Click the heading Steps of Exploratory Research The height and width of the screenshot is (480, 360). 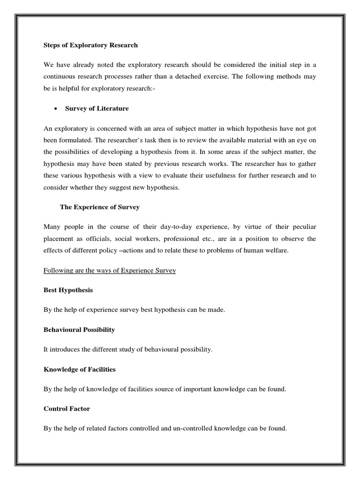(90, 45)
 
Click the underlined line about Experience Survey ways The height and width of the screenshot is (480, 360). (110, 271)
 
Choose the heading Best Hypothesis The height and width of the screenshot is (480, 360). (68, 290)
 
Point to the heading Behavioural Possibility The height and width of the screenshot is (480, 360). (79, 330)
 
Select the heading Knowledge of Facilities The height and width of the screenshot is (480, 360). (79, 369)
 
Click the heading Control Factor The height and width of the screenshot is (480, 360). (67, 409)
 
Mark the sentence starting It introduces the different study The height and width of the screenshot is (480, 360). (128, 350)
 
